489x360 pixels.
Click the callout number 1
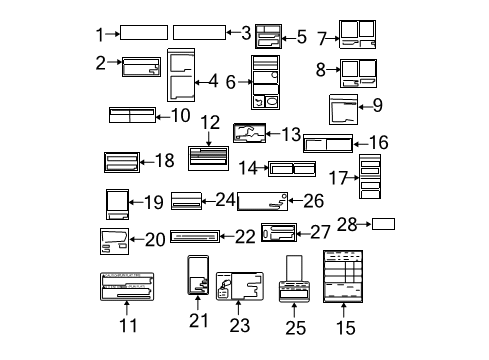(100, 33)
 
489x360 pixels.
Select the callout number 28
(346, 222)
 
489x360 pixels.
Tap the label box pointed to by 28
(384, 223)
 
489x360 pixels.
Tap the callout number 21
(197, 320)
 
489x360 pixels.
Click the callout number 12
(209, 122)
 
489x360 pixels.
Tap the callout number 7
(322, 39)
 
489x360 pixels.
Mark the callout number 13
(291, 132)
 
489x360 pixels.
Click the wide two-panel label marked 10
(132, 115)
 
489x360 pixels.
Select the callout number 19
(152, 203)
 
